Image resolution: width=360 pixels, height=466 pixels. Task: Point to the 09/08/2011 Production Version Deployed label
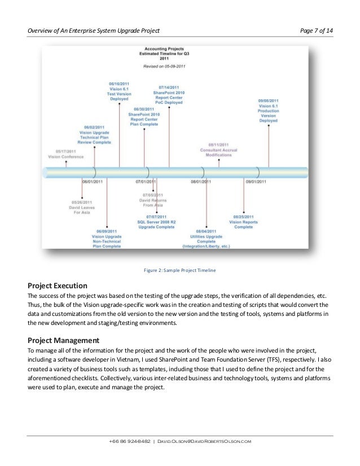point(268,111)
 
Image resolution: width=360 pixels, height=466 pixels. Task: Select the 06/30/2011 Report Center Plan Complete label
point(144,117)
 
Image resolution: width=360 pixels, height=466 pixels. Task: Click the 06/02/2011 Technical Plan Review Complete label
point(94,135)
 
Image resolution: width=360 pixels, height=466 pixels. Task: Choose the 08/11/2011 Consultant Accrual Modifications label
point(218,150)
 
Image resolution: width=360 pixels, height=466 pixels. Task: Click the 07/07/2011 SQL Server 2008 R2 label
point(156,221)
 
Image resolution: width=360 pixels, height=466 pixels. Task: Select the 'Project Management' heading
point(63,340)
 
